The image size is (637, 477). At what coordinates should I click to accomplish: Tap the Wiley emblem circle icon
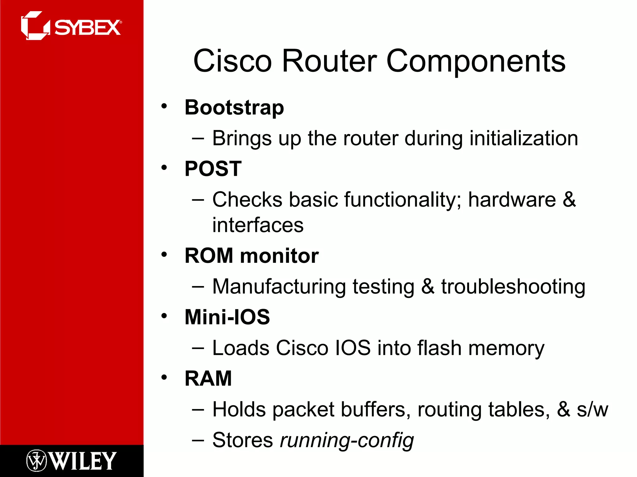coord(36,460)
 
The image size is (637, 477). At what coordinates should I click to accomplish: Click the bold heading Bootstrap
coord(234,107)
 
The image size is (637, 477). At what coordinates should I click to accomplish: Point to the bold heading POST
coord(213,169)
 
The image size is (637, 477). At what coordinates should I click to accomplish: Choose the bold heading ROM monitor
coord(252,256)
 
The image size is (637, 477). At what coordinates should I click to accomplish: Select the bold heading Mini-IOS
coord(227,317)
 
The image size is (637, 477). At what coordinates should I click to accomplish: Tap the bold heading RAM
coord(208,378)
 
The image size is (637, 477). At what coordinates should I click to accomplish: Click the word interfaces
coord(258,225)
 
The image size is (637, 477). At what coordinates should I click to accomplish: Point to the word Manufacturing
coord(279,286)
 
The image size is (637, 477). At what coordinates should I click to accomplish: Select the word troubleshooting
coord(513,286)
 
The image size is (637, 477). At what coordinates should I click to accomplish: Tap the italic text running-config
coord(347,440)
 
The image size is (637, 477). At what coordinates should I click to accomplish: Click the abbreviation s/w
coord(592,409)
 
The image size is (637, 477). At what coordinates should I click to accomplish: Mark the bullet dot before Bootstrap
coord(164,106)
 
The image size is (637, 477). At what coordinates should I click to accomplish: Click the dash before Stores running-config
coord(198,440)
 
